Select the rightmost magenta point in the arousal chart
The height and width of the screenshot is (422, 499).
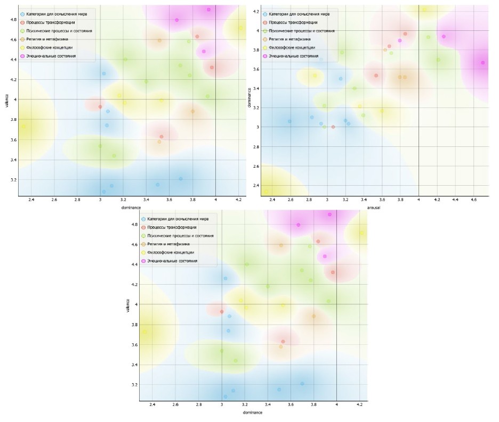[x=483, y=63]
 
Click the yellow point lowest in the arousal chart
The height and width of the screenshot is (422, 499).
[x=267, y=191]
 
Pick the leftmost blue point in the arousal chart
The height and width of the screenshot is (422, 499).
[x=289, y=121]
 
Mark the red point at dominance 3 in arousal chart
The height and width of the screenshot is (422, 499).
[x=333, y=127]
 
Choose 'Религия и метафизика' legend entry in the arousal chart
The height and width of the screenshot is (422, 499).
[x=292, y=39]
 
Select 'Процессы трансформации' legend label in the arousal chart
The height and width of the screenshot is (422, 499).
[x=293, y=22]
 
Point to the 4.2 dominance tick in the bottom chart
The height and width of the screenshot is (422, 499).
[x=359, y=406]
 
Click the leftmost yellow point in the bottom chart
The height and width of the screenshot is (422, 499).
[x=144, y=332]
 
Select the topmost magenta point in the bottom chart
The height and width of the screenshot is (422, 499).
[x=329, y=214]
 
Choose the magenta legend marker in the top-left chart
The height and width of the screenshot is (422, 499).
[x=22, y=56]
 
